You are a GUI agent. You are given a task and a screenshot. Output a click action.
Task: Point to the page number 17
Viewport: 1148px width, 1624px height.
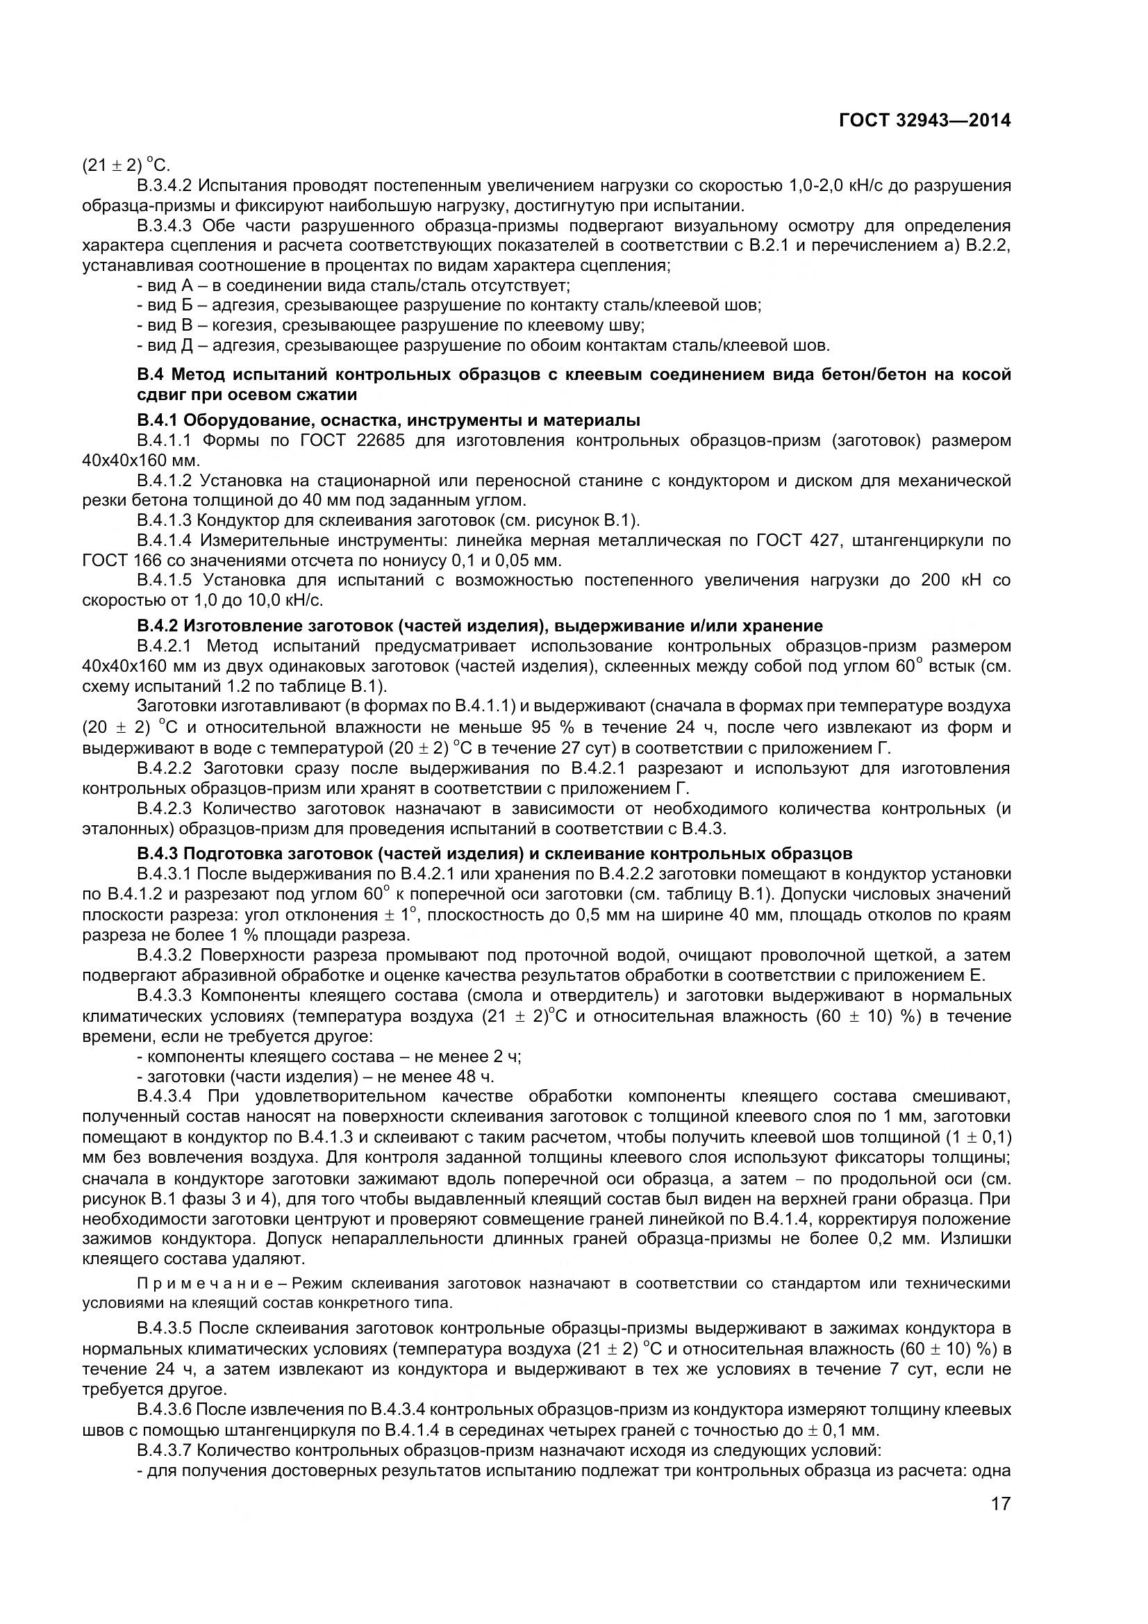1000,1523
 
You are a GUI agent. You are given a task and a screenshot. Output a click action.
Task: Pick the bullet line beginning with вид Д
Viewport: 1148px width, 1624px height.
483,346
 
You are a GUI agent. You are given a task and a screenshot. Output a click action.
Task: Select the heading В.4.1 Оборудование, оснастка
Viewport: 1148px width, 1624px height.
388,420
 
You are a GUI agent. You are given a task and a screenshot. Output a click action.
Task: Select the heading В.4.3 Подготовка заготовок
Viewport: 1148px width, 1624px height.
494,853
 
